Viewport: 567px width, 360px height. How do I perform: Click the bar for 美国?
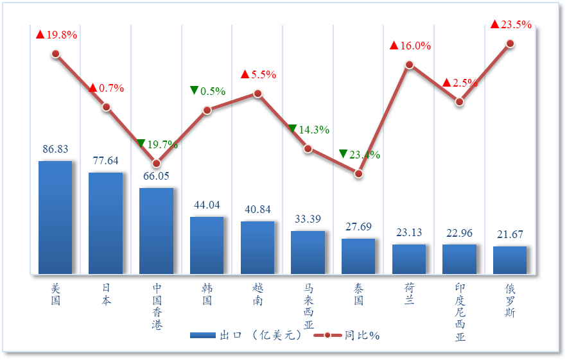55,218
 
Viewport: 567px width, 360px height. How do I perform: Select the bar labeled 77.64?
106,223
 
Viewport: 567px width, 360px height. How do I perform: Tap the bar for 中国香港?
156,231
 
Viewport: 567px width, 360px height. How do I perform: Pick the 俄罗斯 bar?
510,260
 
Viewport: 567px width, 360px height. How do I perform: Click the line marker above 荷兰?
409,65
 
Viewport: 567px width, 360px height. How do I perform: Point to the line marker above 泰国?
359,174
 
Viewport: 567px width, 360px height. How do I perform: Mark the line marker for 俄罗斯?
510,44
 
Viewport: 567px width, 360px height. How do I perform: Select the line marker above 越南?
257,94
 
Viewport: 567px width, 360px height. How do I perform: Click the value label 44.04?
207,205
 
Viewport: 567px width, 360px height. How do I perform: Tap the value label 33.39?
308,219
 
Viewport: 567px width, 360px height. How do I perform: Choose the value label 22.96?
460,233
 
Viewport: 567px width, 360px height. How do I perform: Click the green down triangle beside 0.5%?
194,90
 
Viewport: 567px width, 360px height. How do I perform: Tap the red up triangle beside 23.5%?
494,24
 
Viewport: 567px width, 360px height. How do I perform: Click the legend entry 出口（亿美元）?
247,335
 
